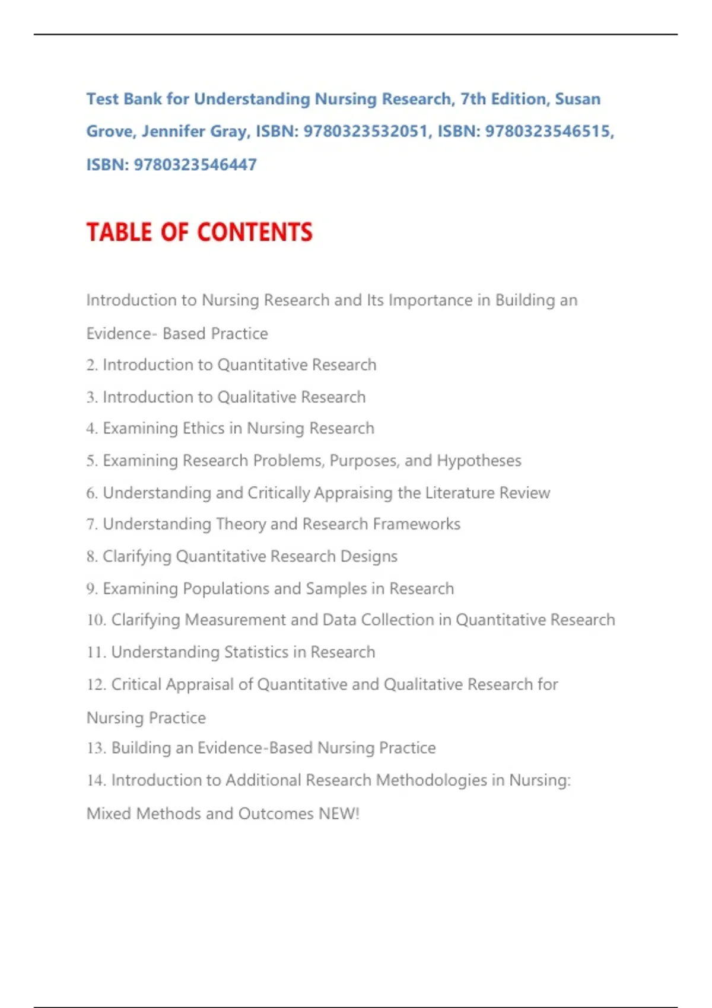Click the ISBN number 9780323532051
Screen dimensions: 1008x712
pos(365,132)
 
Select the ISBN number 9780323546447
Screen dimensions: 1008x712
pos(195,165)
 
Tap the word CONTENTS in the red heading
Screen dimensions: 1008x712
pos(255,232)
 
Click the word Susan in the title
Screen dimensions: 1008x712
pos(577,99)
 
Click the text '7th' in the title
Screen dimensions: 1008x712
pos(473,99)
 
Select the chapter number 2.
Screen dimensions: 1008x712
pos(91,365)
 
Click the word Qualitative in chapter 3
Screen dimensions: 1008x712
pos(257,397)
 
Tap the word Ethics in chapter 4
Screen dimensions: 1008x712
pos(204,429)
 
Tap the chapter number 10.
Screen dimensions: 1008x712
pos(96,620)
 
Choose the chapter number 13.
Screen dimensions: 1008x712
pos(96,748)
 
